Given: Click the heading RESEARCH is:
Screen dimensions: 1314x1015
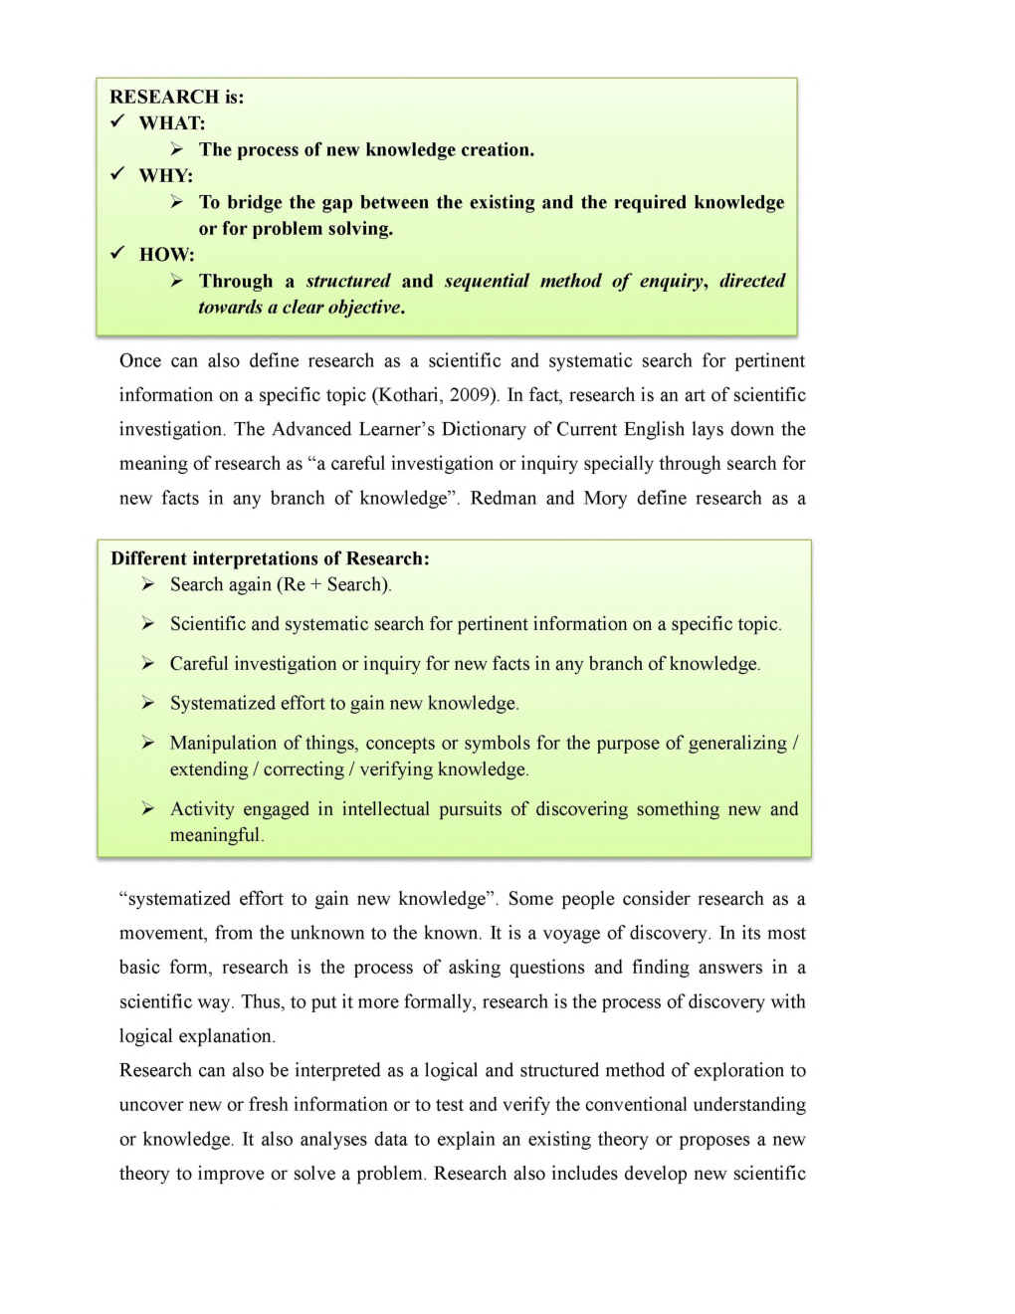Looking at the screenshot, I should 176,97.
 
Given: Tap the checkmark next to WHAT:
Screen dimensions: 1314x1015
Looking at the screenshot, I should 117,121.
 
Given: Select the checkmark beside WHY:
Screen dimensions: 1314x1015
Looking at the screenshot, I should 117,174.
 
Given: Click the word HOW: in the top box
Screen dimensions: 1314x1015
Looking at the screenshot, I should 166,254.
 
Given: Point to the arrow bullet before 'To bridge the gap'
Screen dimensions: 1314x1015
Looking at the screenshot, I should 176,202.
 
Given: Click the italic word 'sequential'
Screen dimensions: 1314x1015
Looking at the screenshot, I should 487,281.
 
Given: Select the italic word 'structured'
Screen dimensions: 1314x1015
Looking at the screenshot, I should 348,281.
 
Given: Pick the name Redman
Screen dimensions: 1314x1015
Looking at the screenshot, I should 503,498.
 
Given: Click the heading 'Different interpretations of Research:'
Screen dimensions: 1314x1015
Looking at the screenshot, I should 270,558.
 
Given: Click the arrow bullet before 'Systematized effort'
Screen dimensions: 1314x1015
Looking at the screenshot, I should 147,703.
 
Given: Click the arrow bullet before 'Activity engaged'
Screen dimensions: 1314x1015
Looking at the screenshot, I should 147,808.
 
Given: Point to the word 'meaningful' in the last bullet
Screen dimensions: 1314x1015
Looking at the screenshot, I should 214,835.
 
